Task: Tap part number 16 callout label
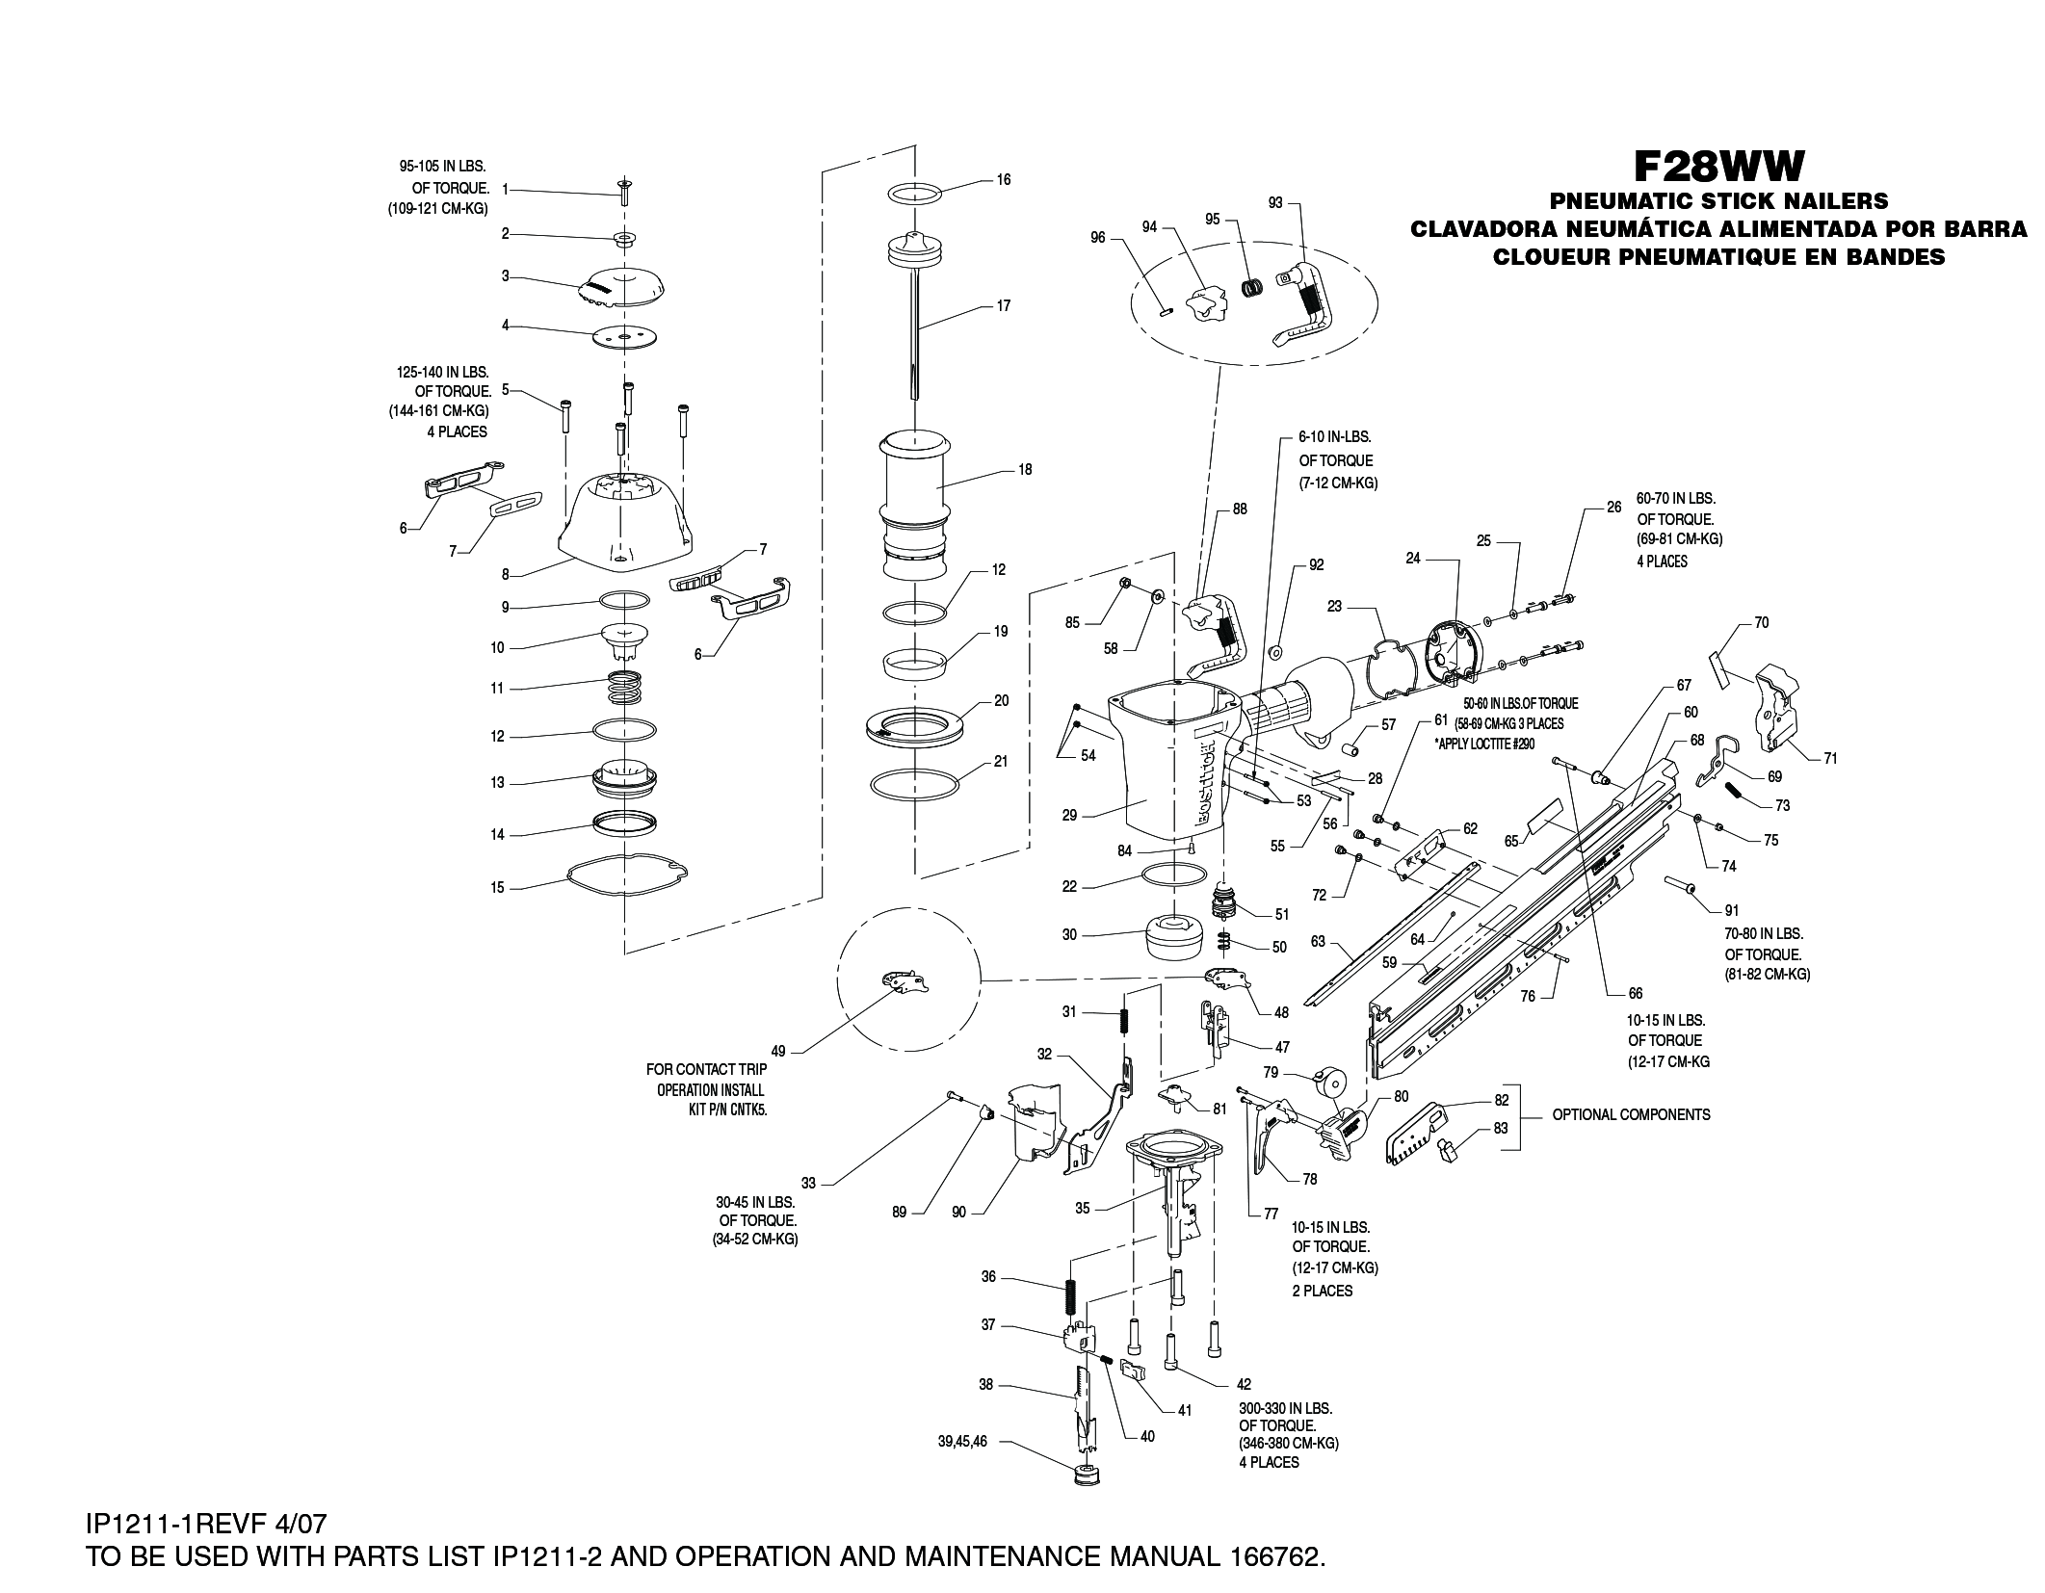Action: [x=1003, y=180]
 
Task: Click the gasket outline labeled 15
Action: [x=627, y=873]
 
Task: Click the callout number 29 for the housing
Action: [x=1069, y=816]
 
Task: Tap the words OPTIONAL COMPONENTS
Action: [x=1631, y=1114]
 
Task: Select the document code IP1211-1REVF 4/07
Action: [x=206, y=1525]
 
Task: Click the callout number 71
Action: [x=1830, y=759]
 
